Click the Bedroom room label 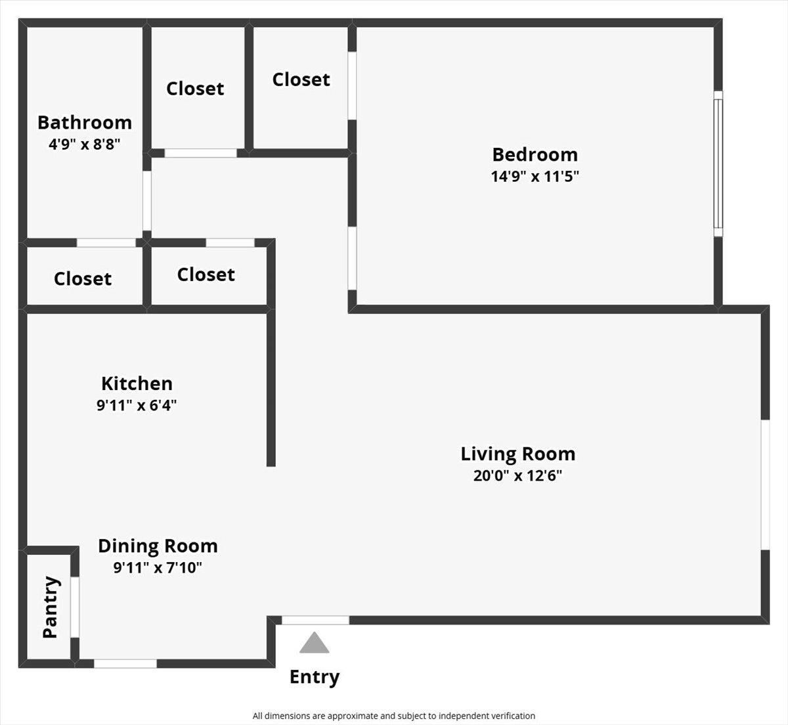coord(535,154)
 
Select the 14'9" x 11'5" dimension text coord(535,176)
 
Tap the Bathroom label coord(84,123)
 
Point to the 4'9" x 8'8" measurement coord(84,144)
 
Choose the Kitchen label coord(137,384)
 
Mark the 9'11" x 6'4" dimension coord(137,405)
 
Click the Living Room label coord(517,454)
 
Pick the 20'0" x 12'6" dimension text coord(517,475)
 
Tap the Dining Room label coord(158,546)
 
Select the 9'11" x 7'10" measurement coord(158,567)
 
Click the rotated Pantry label coord(51,607)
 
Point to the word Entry coord(315,677)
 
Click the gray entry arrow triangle coord(315,644)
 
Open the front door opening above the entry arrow coord(315,620)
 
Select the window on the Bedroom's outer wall coord(718,164)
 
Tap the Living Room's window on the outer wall coord(765,485)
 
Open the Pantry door coord(75,607)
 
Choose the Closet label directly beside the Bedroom coord(301,79)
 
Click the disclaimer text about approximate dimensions coord(394,716)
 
